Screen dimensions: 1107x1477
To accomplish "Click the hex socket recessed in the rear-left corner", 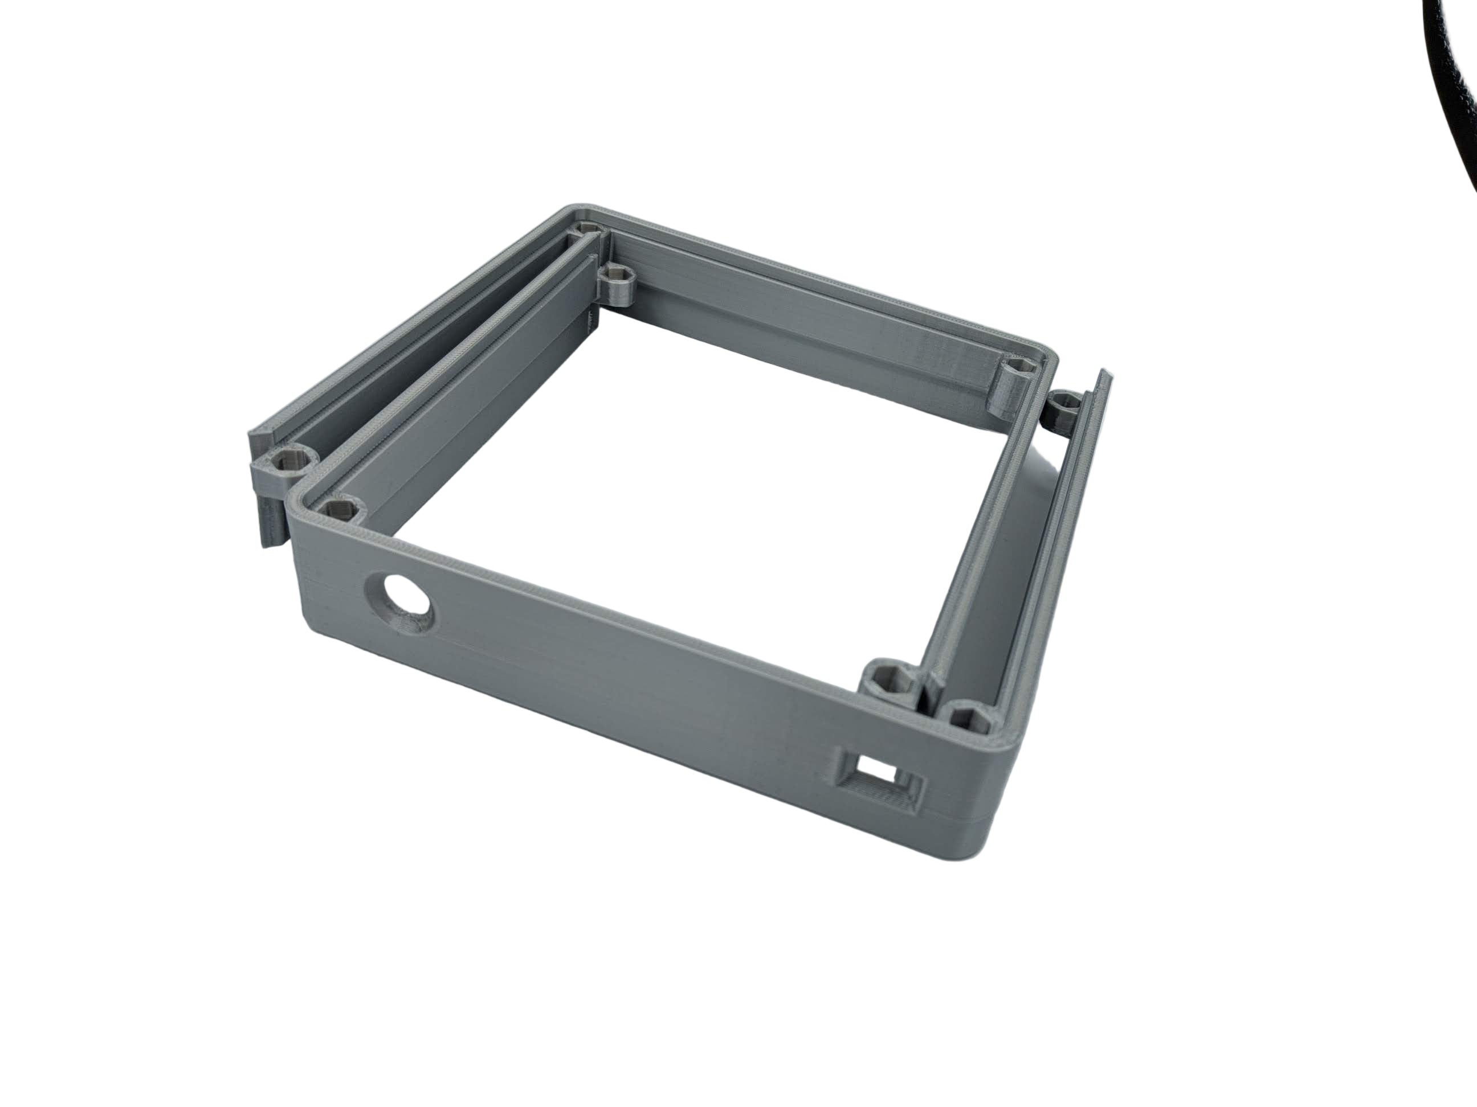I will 587,230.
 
